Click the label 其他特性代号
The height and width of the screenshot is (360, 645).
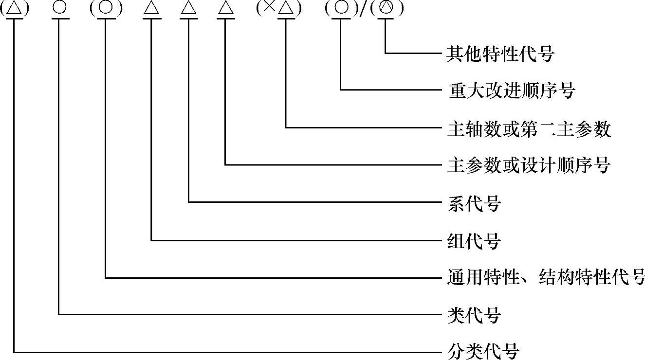(500, 54)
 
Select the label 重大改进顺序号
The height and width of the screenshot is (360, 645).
(511, 90)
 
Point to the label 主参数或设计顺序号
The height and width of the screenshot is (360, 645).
(528, 165)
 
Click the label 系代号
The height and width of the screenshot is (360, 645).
(474, 203)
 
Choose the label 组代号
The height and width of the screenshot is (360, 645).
(474, 240)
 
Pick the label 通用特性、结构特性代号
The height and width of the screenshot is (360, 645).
(545, 278)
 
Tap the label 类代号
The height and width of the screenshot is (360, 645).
(474, 315)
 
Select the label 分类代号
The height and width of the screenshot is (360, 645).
(483, 351)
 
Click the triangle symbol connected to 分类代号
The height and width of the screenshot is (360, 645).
(14, 10)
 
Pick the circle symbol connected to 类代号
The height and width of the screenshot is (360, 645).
(59, 9)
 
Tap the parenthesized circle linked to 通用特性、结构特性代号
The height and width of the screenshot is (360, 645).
(106, 9)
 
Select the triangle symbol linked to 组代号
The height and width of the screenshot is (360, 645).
(151, 10)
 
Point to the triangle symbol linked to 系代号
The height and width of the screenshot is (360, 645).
(188, 10)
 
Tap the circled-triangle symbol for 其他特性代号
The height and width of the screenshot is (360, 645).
(386, 9)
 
